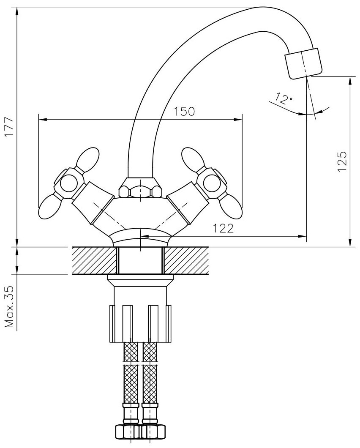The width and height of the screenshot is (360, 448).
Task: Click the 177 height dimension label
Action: click(9, 127)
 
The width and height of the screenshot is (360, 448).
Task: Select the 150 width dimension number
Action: click(185, 112)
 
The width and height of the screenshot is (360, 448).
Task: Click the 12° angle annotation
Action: click(284, 99)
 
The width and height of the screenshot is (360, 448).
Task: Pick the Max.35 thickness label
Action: click(9, 307)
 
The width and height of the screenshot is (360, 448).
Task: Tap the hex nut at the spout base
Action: click(140, 188)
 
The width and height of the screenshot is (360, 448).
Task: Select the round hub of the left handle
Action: click(68, 184)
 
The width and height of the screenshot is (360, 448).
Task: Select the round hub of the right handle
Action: click(211, 183)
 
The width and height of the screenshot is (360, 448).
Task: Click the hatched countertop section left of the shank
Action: click(94, 260)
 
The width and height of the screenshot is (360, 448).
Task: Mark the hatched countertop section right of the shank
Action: click(186, 260)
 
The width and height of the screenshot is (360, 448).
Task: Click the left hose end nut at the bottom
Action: click(126, 432)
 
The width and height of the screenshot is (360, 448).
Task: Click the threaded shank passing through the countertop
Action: click(140, 260)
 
